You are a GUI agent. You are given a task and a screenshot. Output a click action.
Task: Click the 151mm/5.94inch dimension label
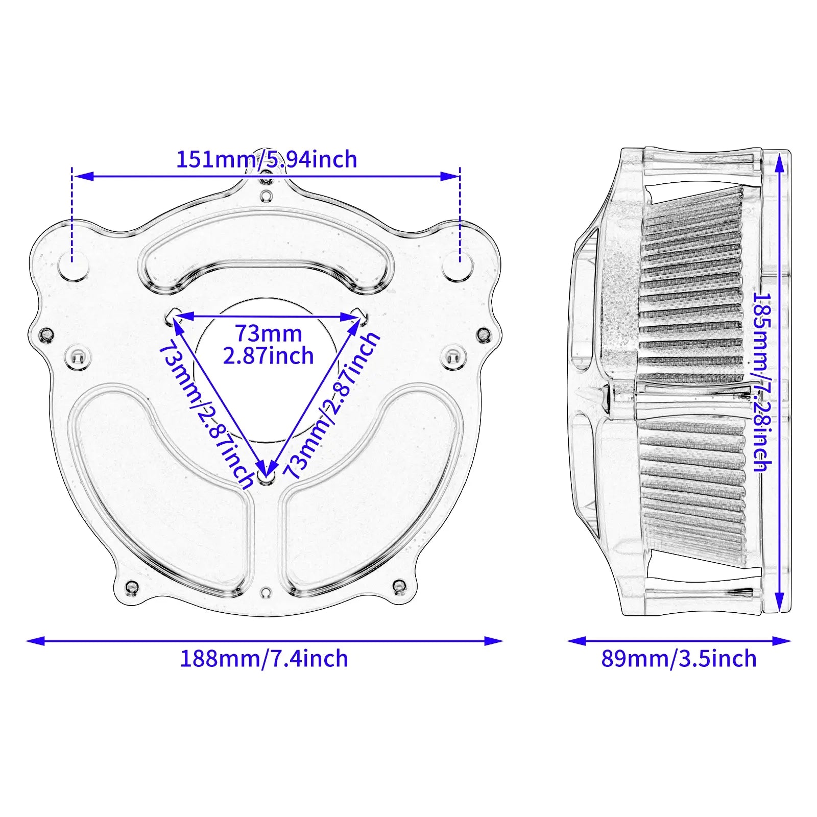266,159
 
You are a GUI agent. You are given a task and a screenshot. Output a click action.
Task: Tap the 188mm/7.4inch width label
263,659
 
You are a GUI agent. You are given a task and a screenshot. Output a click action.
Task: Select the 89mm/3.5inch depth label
678,659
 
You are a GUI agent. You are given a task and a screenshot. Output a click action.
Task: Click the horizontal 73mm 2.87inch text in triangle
268,345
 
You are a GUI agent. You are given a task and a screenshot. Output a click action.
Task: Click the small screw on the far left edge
46,335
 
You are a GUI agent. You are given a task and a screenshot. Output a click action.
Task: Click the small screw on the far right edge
483,335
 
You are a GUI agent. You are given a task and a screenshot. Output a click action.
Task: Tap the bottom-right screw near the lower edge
399,585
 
